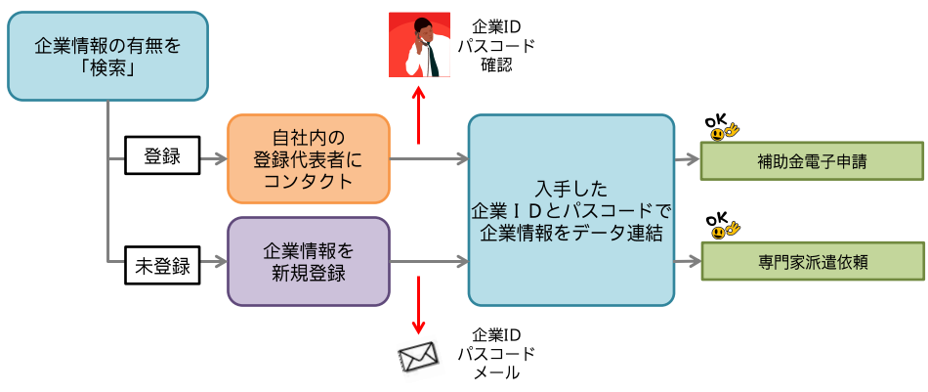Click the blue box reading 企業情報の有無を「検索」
pos(107,56)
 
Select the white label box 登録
pos(162,156)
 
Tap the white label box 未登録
pos(162,262)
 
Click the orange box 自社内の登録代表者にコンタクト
pos(308,157)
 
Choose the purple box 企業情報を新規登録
pos(308,261)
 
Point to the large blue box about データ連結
pos(571,209)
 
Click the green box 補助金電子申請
pos(812,161)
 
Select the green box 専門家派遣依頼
pos(812,263)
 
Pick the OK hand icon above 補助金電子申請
pos(722,128)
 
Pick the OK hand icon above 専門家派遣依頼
pos(722,227)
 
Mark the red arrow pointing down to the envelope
pos(419,305)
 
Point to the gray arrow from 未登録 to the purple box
pos(212,262)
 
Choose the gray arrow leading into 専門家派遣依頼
pos(688,262)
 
